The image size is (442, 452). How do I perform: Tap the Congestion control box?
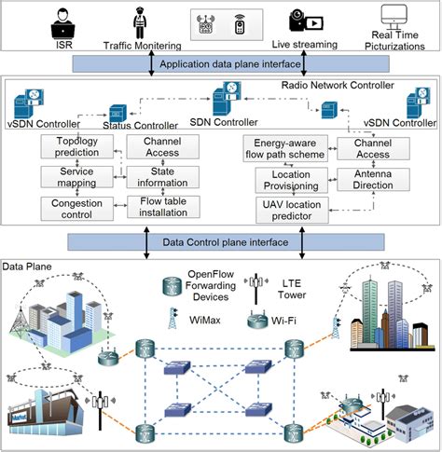tap(76, 207)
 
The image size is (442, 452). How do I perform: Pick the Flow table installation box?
tap(162, 207)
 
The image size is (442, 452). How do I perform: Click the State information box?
tap(162, 177)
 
